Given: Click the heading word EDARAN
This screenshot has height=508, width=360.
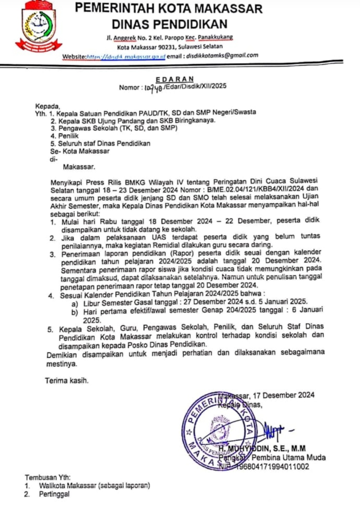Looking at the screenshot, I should pos(175,79).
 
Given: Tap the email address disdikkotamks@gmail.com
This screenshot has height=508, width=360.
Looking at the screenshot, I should pos(222,55).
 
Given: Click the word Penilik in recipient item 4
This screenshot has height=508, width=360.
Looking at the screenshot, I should pos(68,136).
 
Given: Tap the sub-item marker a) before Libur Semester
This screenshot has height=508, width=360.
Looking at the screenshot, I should pos(75,304).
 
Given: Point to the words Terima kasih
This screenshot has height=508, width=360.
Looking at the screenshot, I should pos(67,380).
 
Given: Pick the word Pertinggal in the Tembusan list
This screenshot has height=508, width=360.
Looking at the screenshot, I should pos(54,494).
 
